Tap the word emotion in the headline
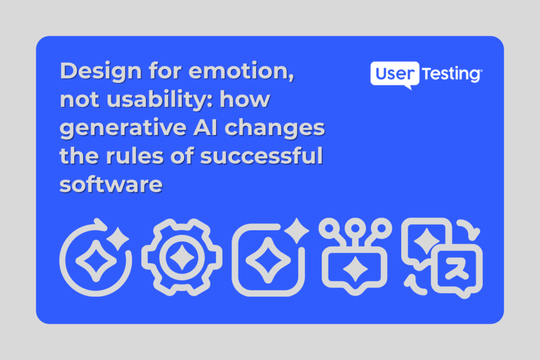pyautogui.click(x=241, y=71)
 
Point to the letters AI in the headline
pyautogui.click(x=205, y=128)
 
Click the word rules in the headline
pyautogui.click(x=134, y=156)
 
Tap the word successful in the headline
pyautogui.click(x=262, y=156)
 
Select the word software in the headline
pyautogui.click(x=111, y=184)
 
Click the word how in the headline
pyautogui.click(x=245, y=99)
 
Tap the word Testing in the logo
pyautogui.click(x=452, y=74)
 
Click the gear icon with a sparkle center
pyautogui.click(x=182, y=257)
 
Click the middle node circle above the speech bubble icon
pyautogui.click(x=355, y=228)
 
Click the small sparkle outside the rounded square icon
pyautogui.click(x=296, y=230)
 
